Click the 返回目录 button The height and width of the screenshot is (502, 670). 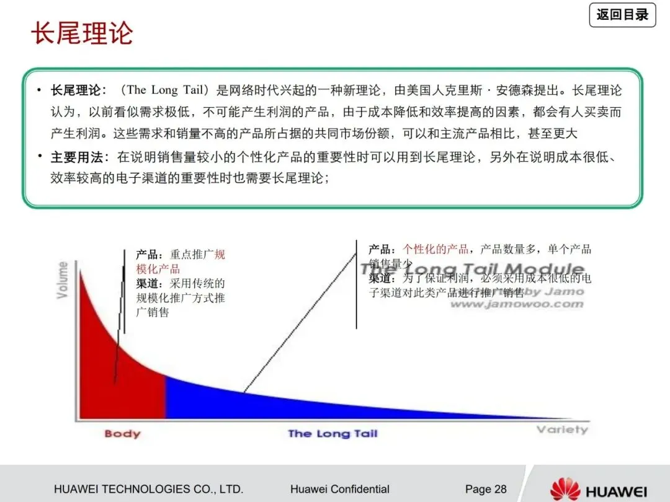click(622, 15)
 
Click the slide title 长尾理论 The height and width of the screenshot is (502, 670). click(82, 33)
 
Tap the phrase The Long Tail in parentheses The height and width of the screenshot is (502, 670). click(164, 90)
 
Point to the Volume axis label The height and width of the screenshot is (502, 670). click(63, 280)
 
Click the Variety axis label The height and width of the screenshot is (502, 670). click(562, 429)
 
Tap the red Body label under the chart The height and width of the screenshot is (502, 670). click(122, 433)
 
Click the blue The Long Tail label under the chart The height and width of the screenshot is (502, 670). click(333, 433)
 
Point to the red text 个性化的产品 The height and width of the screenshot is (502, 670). click(435, 249)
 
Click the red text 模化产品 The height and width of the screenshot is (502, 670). click(158, 269)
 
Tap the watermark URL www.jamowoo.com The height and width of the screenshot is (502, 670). click(516, 304)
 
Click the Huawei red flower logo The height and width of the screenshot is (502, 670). click(565, 488)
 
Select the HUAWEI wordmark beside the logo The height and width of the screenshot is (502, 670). click(617, 490)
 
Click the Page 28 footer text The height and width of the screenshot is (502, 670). click(486, 489)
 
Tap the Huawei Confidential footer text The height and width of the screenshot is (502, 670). click(339, 489)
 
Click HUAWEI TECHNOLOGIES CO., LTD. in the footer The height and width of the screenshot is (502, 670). click(148, 489)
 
